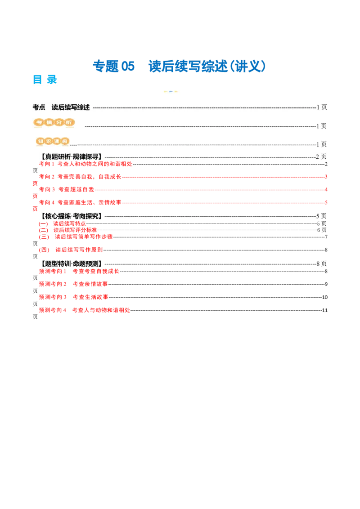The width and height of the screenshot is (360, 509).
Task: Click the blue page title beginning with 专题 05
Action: (x=179, y=66)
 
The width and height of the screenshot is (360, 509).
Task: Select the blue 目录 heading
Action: (x=45, y=79)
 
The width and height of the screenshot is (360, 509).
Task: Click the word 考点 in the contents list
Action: (x=39, y=107)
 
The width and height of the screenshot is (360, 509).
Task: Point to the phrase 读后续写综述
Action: (x=71, y=107)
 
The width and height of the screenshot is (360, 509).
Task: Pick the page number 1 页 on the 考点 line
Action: (x=322, y=107)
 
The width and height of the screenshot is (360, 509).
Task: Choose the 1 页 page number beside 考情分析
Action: (x=322, y=126)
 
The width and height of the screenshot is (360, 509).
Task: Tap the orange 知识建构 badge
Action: (x=54, y=141)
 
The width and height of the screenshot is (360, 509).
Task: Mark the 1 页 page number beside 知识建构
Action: (x=322, y=144)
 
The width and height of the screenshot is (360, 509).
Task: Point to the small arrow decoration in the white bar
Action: (x=171, y=91)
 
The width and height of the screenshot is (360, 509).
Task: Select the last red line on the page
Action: (x=84, y=309)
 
